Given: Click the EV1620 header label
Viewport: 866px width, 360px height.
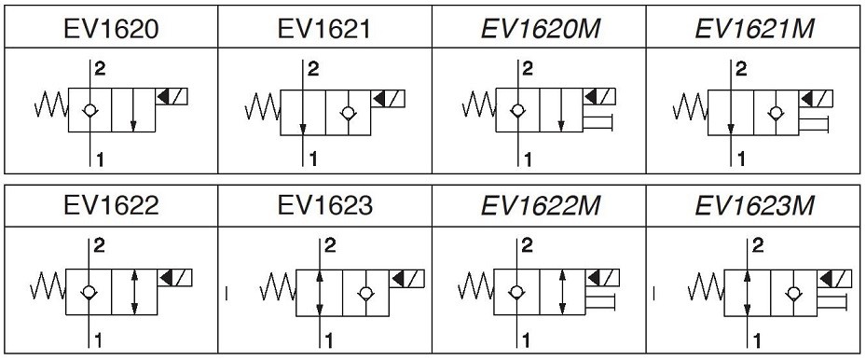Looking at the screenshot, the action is [111, 29].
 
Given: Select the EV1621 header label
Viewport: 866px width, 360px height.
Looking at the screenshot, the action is [324, 29].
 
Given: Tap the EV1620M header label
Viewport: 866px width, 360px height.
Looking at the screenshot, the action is [540, 29].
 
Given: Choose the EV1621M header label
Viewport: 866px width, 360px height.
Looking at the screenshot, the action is [754, 29].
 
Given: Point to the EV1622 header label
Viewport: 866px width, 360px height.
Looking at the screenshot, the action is [111, 206].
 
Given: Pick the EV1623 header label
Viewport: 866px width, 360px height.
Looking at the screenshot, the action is [324, 206].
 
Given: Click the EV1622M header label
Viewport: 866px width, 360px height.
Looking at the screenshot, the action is [540, 206].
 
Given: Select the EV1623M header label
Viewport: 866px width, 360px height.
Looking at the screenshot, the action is [754, 206].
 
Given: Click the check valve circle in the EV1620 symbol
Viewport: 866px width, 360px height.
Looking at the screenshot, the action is [90, 110].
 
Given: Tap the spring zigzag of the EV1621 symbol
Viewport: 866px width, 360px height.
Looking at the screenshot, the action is [263, 106].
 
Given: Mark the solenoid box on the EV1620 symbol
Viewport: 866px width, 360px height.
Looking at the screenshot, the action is [172, 97].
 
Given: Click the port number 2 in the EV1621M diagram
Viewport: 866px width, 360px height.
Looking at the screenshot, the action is [741, 69].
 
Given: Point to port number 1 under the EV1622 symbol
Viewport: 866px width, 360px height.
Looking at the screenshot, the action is [98, 340].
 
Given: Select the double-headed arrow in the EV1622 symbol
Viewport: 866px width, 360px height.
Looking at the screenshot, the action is [134, 293].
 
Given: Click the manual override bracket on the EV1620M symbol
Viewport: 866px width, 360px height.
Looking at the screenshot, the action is [598, 122].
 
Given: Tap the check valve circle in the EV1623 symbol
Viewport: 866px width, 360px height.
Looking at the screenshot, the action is [364, 293].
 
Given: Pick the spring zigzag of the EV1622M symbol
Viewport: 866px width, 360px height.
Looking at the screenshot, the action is [475, 286].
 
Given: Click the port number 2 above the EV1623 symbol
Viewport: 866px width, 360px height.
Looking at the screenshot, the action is [330, 245].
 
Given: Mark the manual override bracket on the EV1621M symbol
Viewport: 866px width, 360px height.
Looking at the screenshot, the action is [814, 125].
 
